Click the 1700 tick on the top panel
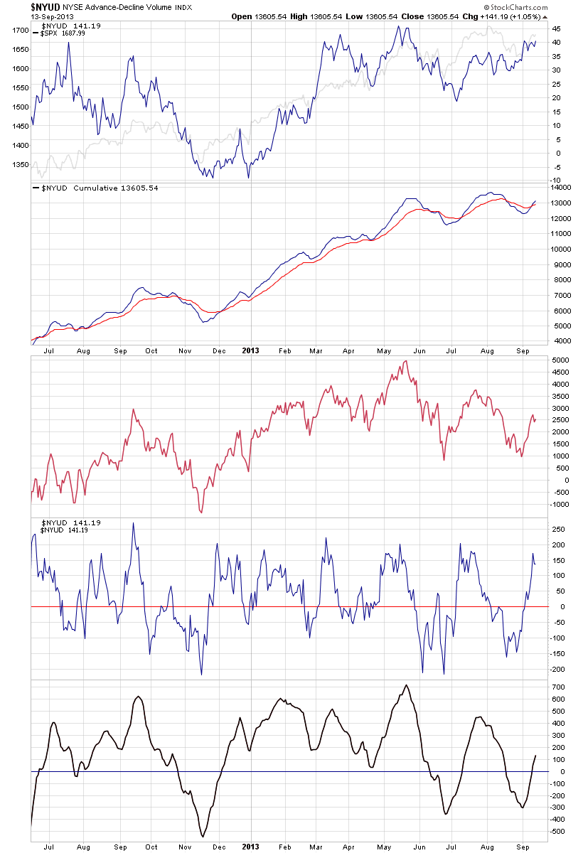(19, 31)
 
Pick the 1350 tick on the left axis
(19, 165)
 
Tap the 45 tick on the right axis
(557, 29)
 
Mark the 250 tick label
(558, 530)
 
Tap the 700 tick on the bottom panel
(558, 688)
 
